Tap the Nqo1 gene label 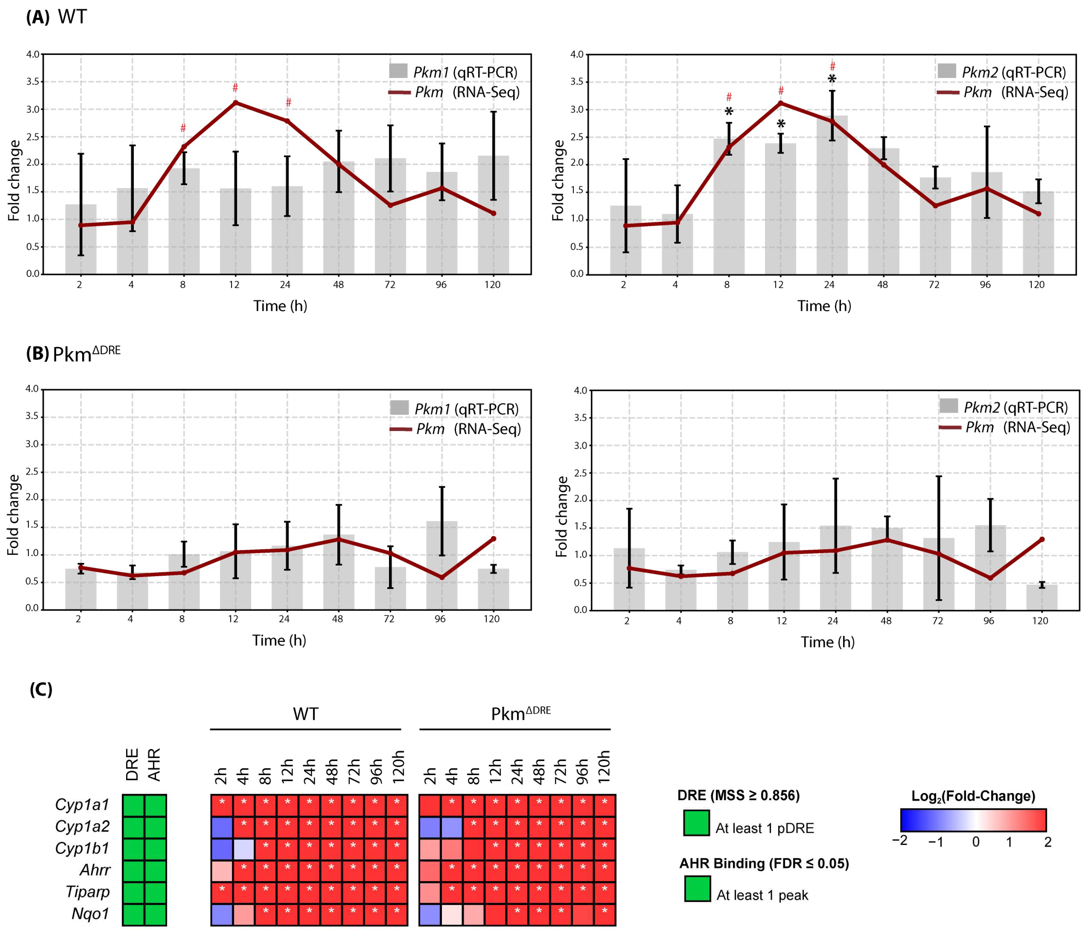pyautogui.click(x=90, y=914)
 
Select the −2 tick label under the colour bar pyautogui.click(x=900, y=841)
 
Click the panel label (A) pyautogui.click(x=38, y=17)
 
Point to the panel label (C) pyautogui.click(x=41, y=689)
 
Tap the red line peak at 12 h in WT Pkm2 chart pyautogui.click(x=781, y=103)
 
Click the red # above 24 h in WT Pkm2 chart pyautogui.click(x=832, y=66)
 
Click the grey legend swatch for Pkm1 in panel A pyautogui.click(x=398, y=71)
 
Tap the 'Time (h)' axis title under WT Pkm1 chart pyautogui.click(x=280, y=306)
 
